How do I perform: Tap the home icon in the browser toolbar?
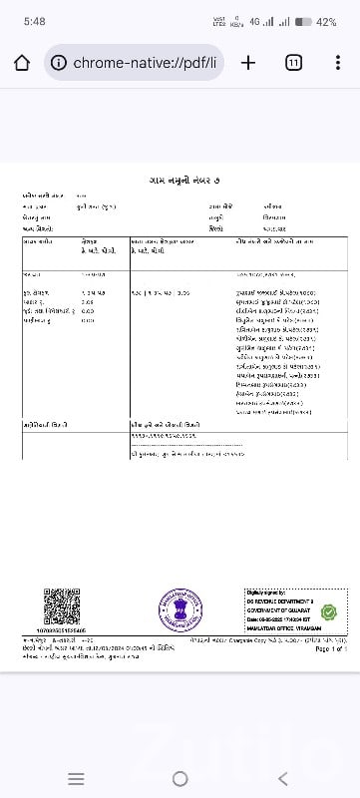point(22,62)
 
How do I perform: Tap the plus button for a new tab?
point(248,62)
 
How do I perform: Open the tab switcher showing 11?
point(294,62)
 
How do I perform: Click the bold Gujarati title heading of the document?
point(180,180)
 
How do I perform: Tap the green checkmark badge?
point(328,611)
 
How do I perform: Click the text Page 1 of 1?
point(330,648)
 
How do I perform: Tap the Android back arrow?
point(283,778)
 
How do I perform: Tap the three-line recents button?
point(76,778)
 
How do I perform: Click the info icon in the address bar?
point(59,63)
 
